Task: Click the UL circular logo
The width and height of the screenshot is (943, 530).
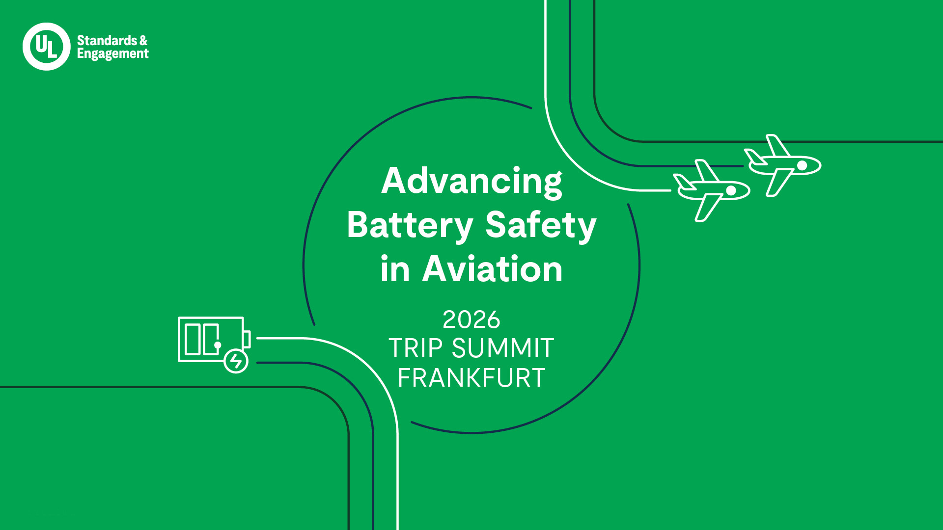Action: click(x=47, y=47)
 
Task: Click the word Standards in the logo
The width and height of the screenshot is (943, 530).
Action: click(x=107, y=40)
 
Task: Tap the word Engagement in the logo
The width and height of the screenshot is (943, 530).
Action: click(x=112, y=54)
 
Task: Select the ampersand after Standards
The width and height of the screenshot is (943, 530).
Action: click(x=143, y=40)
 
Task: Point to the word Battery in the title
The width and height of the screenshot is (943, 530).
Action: click(x=410, y=225)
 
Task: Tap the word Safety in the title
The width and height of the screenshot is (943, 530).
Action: click(x=541, y=225)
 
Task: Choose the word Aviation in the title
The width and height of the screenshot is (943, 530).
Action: click(x=492, y=269)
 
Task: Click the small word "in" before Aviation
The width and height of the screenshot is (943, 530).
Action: click(x=394, y=269)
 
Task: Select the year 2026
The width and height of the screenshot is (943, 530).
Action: click(x=471, y=320)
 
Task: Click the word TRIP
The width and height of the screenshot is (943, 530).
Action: click(x=416, y=348)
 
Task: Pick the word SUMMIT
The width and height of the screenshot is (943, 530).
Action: click(x=503, y=348)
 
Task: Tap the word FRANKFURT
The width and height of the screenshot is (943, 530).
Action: click(x=471, y=378)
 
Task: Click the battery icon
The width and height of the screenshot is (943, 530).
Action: click(x=211, y=340)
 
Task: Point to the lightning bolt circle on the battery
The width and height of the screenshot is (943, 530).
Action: click(x=236, y=361)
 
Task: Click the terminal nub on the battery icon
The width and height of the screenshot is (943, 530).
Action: click(x=247, y=339)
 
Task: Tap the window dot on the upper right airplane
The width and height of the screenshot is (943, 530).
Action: click(x=802, y=165)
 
